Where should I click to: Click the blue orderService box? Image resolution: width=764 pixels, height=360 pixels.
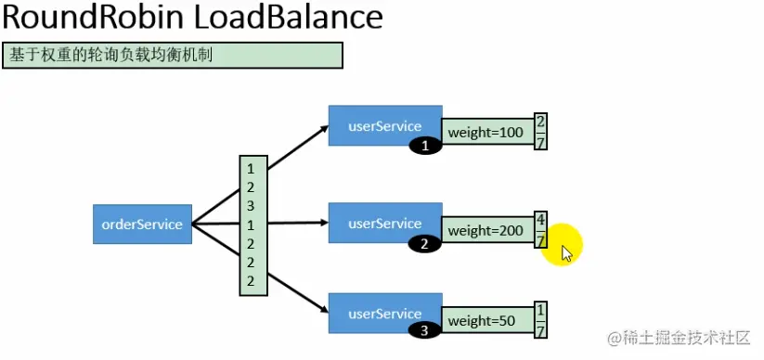tap(142, 224)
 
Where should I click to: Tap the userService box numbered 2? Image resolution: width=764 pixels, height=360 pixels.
tap(384, 223)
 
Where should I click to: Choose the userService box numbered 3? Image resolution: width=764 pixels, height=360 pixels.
tap(384, 313)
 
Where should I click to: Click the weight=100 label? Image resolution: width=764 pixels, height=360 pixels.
tap(486, 134)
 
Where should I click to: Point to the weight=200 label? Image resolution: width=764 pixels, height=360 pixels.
tap(486, 230)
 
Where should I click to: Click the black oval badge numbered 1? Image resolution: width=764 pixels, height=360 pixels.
tap(426, 146)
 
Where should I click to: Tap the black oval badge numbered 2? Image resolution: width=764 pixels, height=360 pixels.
tap(424, 245)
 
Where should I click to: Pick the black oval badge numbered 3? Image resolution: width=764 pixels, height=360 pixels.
tap(425, 329)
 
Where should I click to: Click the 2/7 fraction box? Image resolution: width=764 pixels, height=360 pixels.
tap(540, 133)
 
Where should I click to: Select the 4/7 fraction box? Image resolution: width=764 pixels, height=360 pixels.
tap(540, 229)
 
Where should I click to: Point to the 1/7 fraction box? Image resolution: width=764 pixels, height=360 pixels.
tap(540, 319)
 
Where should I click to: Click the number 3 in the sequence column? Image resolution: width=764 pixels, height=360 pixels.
tap(251, 206)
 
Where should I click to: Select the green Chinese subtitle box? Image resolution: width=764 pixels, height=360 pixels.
tap(173, 55)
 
